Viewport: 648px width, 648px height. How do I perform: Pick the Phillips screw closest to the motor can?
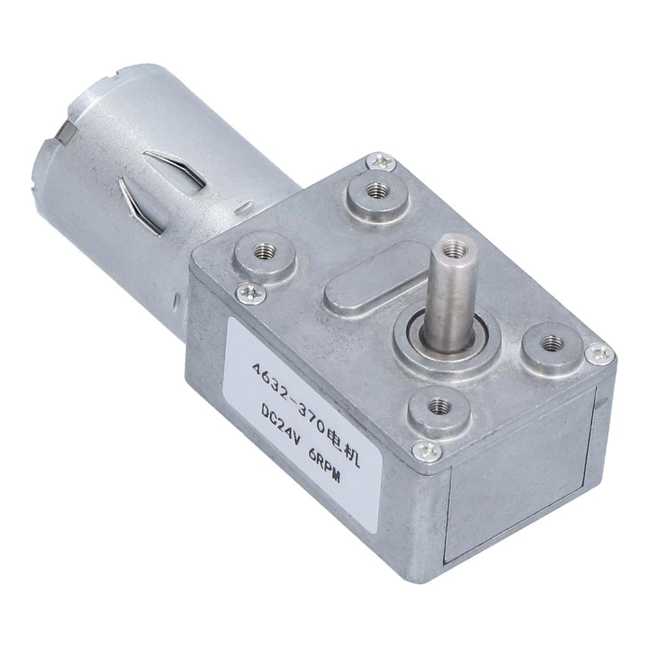click(x=381, y=162)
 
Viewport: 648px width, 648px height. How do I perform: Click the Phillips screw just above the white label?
click(x=251, y=292)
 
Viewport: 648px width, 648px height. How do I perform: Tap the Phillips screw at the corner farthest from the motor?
click(x=598, y=353)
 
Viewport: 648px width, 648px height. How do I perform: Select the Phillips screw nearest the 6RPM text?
click(x=427, y=451)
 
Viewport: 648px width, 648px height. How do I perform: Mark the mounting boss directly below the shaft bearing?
click(x=438, y=408)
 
